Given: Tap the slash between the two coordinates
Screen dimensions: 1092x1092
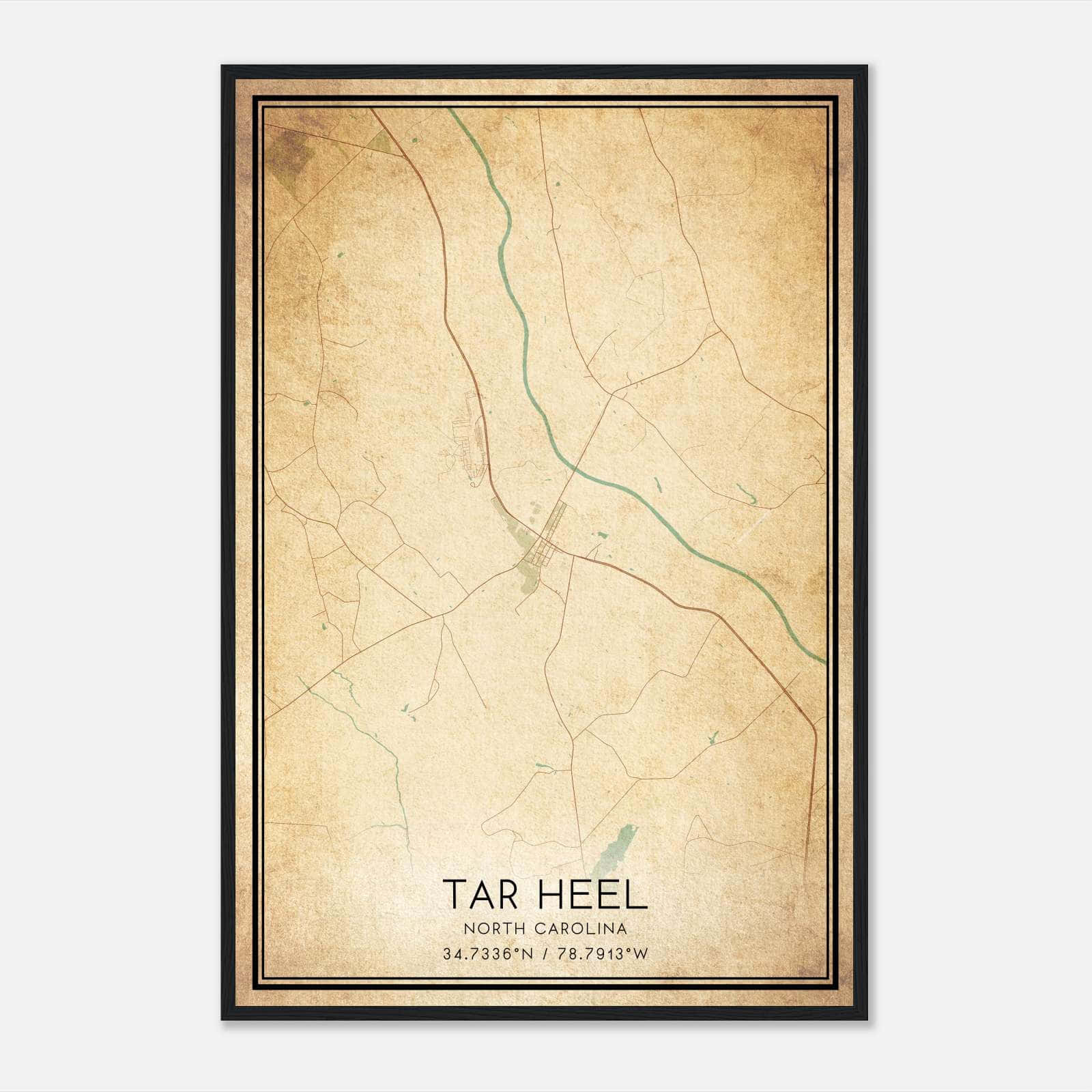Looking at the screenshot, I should (543, 954).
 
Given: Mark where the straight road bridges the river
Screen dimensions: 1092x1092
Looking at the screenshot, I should (573, 470).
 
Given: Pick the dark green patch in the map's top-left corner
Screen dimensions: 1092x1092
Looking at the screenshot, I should (287, 154).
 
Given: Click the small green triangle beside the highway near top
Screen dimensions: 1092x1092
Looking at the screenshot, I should (379, 142).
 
